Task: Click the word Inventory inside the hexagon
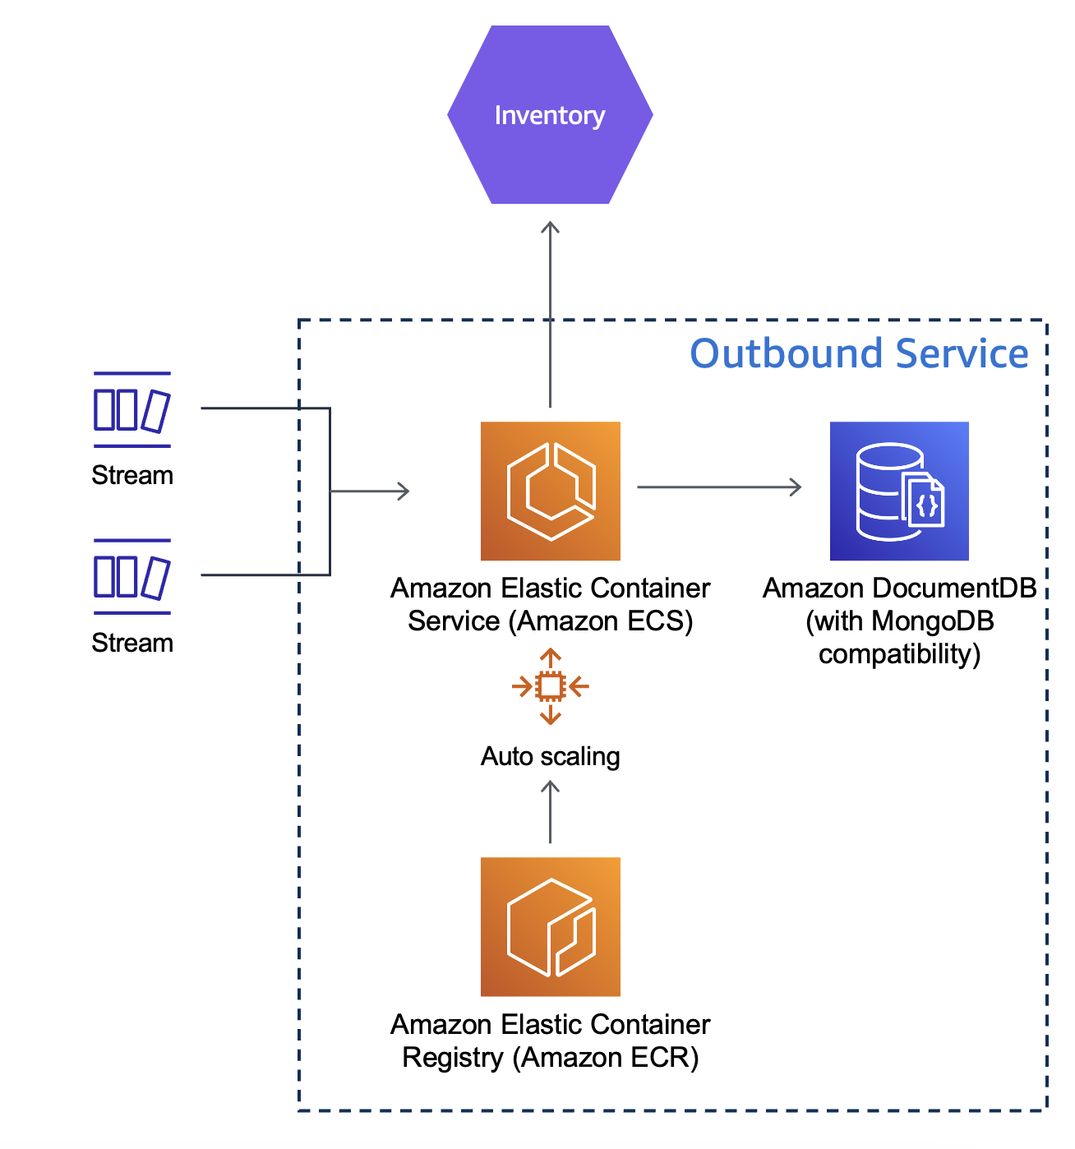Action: pyautogui.click(x=550, y=115)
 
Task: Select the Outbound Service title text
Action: pyautogui.click(x=859, y=353)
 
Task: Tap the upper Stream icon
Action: pyautogui.click(x=131, y=410)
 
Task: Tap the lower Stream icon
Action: pyautogui.click(x=131, y=577)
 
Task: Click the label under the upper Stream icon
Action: pyautogui.click(x=132, y=475)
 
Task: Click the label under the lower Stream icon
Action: pyautogui.click(x=132, y=643)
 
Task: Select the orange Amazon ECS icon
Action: pyautogui.click(x=550, y=491)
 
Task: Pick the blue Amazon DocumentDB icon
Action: pyautogui.click(x=899, y=491)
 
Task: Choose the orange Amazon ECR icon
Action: pyautogui.click(x=550, y=926)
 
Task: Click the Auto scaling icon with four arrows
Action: pyautogui.click(x=550, y=686)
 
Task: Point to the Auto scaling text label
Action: pyautogui.click(x=550, y=756)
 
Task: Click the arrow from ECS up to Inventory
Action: pyautogui.click(x=550, y=312)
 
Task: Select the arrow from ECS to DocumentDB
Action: pyautogui.click(x=719, y=487)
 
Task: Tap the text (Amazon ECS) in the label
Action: pyautogui.click(x=601, y=621)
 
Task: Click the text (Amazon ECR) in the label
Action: pyautogui.click(x=606, y=1057)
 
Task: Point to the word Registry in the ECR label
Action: pyautogui.click(x=452, y=1057)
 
